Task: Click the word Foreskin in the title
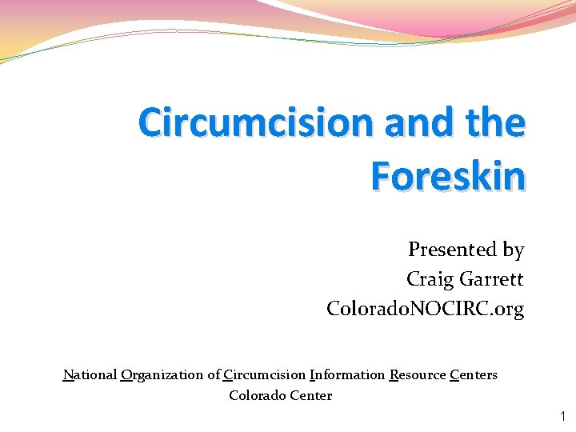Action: click(x=448, y=176)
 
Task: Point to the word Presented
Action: click(x=453, y=250)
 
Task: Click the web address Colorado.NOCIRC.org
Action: click(x=426, y=308)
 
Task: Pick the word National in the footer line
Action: click(x=90, y=374)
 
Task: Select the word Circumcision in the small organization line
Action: click(x=265, y=374)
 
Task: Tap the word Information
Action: click(x=346, y=374)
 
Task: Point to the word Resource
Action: click(x=417, y=374)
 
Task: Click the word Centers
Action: click(x=474, y=374)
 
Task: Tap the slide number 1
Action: click(x=562, y=416)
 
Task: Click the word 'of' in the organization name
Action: click(x=214, y=374)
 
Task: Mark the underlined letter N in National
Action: click(x=68, y=374)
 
